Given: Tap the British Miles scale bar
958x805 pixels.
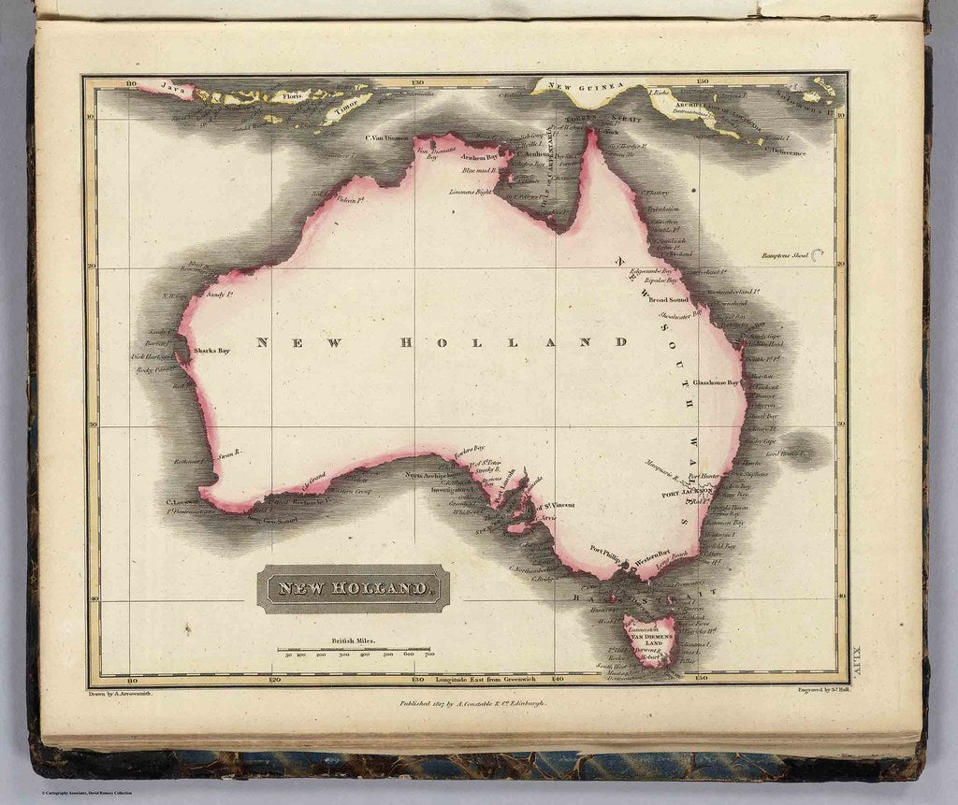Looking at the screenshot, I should pyautogui.click(x=354, y=649).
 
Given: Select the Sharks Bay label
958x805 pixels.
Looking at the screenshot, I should pyautogui.click(x=211, y=351).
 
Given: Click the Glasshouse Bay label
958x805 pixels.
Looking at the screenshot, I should pyautogui.click(x=716, y=382).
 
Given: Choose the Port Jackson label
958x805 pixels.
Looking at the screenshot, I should pyautogui.click(x=688, y=492).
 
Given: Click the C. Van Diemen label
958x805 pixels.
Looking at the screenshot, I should pyautogui.click(x=388, y=137).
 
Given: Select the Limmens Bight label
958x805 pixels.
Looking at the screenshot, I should pyautogui.click(x=470, y=191).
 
